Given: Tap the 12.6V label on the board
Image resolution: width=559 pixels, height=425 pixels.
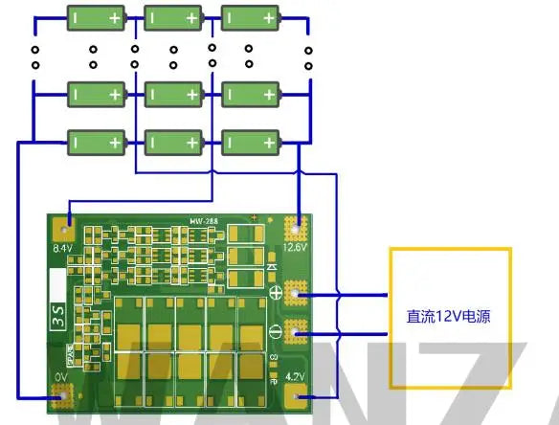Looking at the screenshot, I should pos(296,247).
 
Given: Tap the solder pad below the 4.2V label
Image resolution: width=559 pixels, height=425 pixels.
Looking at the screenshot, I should pos(298,395).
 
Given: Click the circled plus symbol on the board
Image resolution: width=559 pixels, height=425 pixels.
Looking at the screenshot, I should pos(276,293).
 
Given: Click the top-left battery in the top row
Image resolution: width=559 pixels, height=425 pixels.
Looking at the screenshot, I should pos(96,17).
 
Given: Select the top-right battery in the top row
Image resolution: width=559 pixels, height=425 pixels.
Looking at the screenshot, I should pos(251,17).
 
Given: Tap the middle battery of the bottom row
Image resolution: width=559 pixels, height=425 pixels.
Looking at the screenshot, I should pos(173,142).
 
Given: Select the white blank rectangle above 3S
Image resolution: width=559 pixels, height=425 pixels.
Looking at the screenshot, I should pos(57,287).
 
